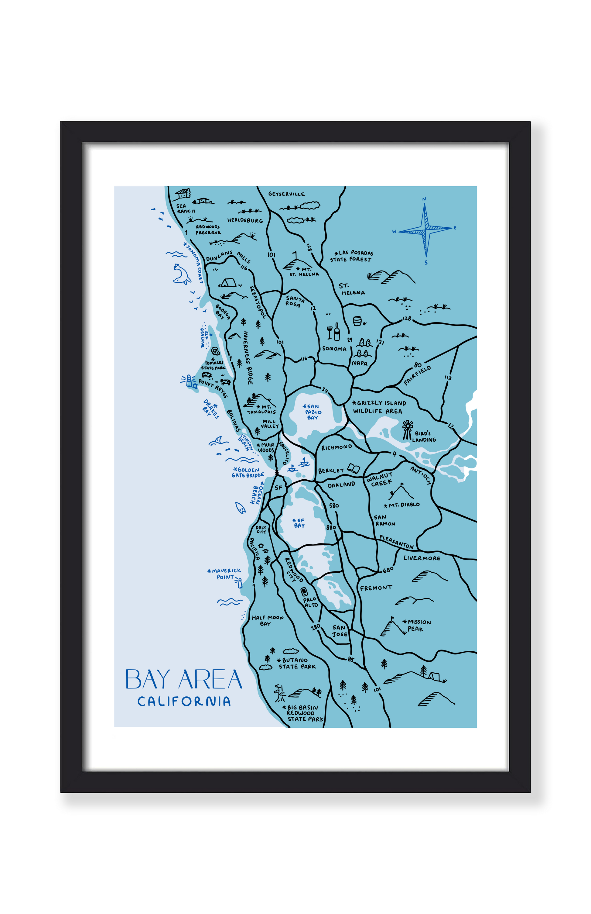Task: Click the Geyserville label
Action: tap(286, 194)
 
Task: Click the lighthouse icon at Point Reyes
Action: tap(190, 381)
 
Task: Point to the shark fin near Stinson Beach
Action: tap(218, 440)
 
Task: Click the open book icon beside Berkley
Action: tap(354, 468)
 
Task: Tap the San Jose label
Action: tap(340, 631)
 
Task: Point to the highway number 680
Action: tap(388, 570)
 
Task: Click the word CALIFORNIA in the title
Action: tap(184, 701)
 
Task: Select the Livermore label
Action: tap(422, 558)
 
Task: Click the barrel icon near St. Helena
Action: tap(357, 321)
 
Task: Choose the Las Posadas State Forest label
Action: tap(352, 256)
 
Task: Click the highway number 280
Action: tap(316, 626)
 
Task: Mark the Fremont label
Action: tap(376, 588)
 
